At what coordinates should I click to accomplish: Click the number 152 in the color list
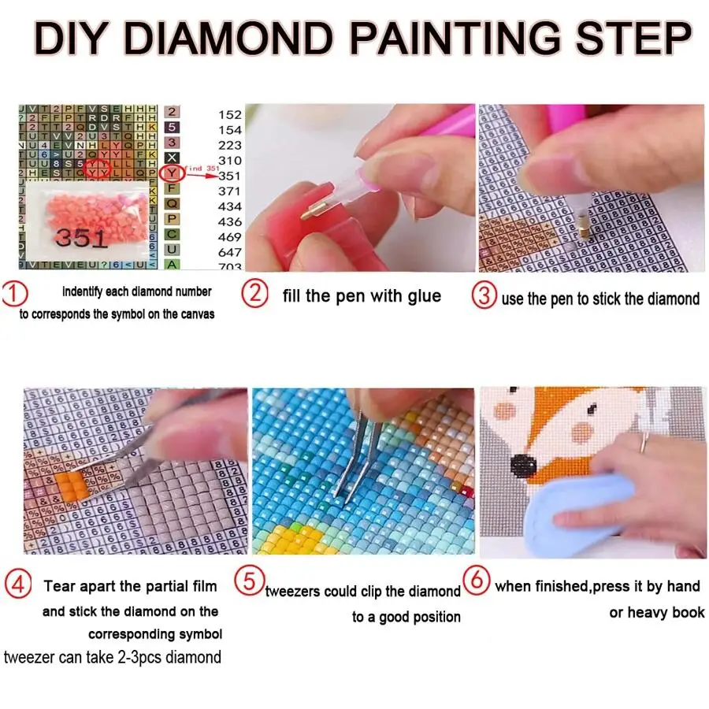tap(230, 115)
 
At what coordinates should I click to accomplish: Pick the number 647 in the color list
tap(230, 252)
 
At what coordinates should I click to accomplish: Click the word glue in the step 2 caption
tap(425, 296)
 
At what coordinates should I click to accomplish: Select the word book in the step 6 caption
tap(685, 612)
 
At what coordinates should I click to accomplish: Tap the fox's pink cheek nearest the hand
tap(583, 432)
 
